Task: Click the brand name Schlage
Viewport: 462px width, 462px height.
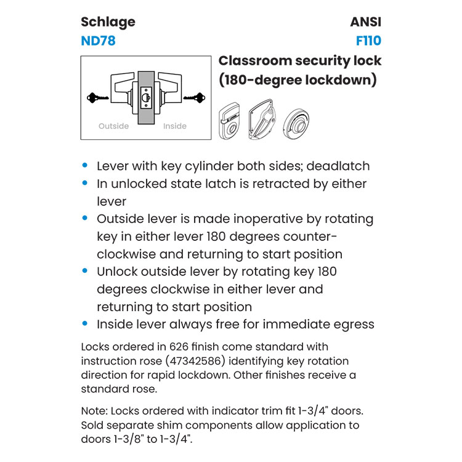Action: (108, 22)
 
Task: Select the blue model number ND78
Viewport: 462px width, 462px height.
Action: (98, 41)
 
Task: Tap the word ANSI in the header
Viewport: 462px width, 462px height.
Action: (365, 22)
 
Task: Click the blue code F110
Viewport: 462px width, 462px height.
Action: (368, 41)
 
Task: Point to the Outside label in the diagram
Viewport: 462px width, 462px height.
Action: (114, 126)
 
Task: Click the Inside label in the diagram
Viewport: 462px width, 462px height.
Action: (174, 126)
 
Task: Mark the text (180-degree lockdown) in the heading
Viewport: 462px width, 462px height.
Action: (298, 81)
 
